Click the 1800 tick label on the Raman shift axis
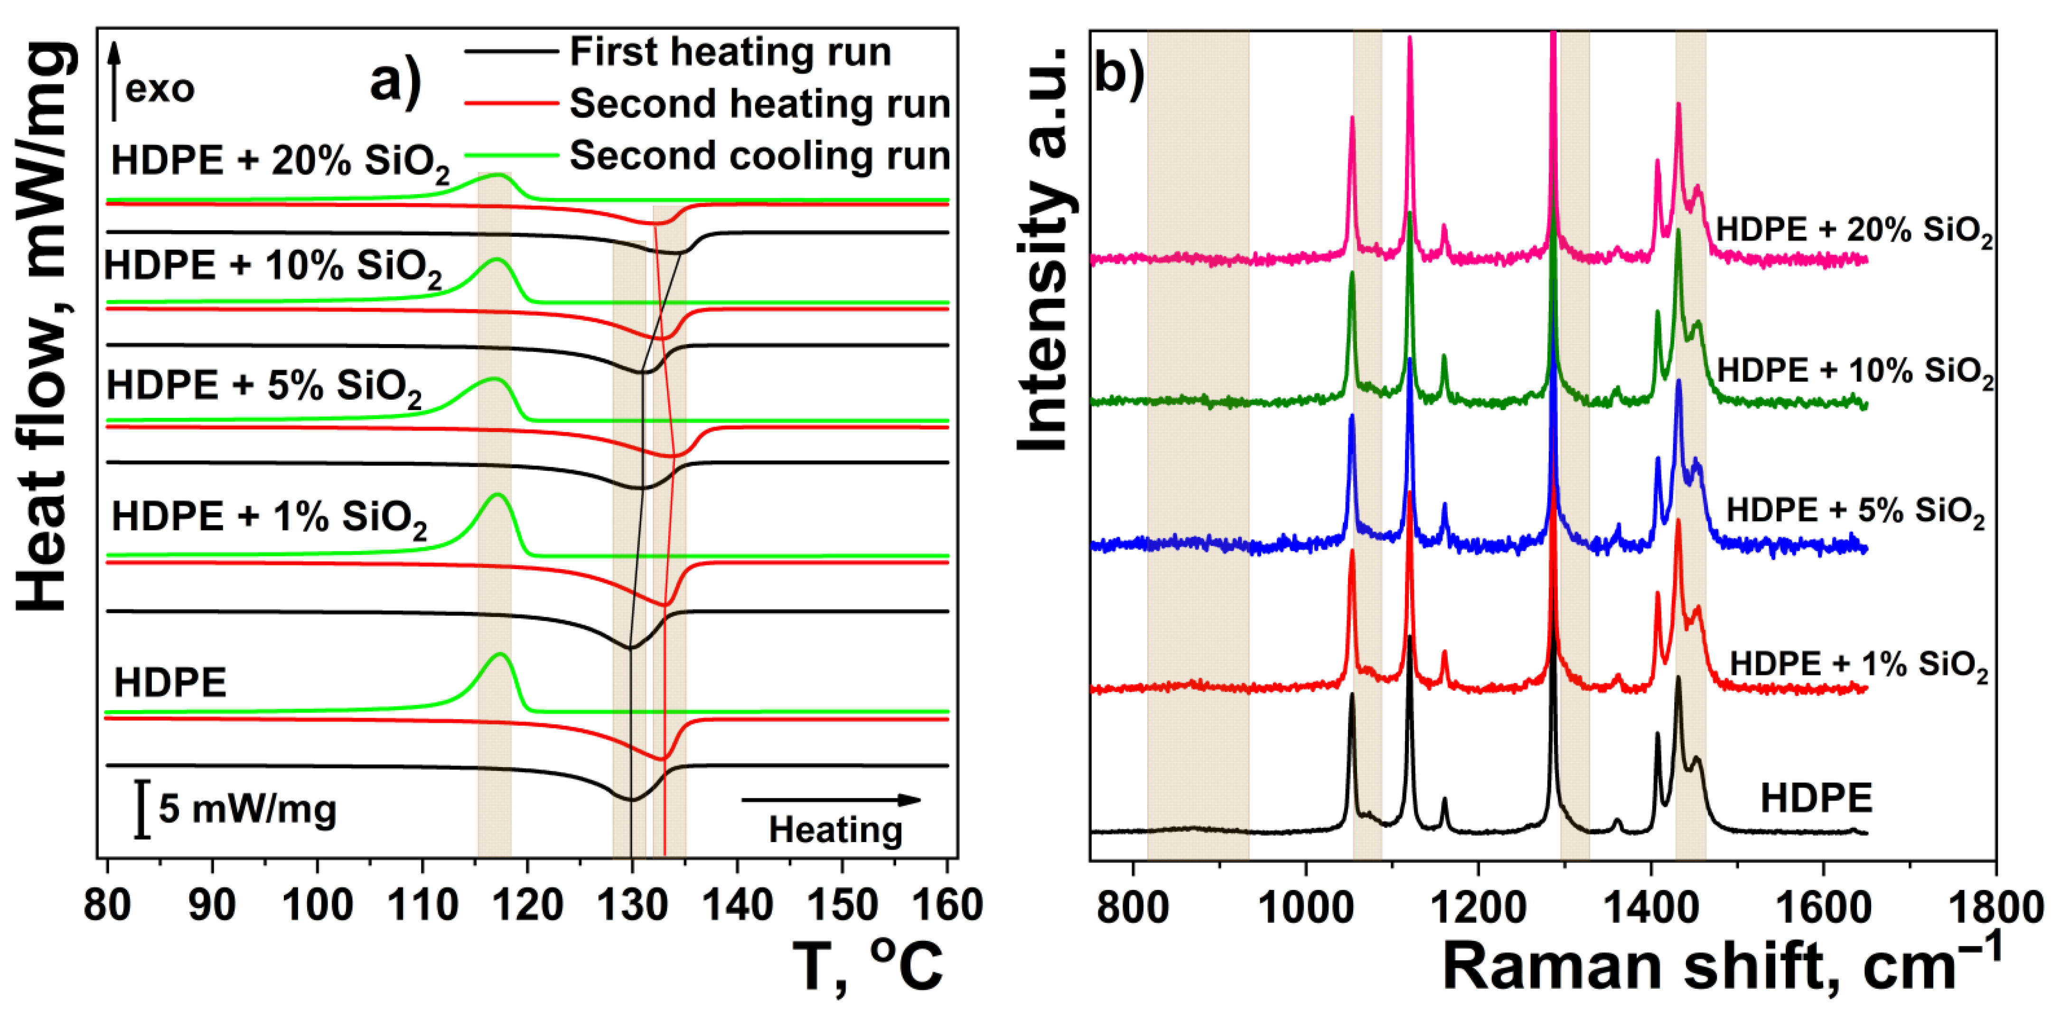(1996, 908)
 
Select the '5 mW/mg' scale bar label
(247, 809)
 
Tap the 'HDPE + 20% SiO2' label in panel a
(280, 161)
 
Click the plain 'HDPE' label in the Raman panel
(1815, 798)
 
